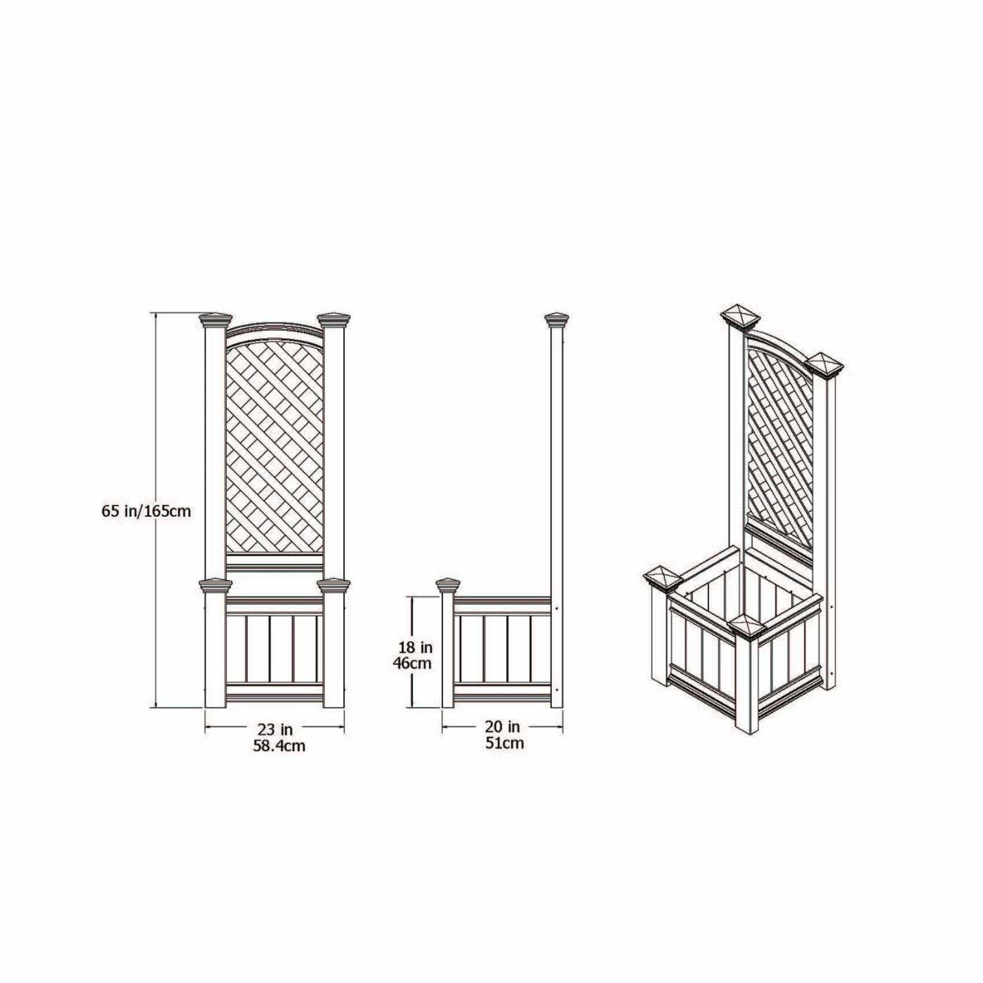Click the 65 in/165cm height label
pyautogui.click(x=147, y=511)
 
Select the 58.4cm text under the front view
pyautogui.click(x=279, y=746)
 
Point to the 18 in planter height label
pyautogui.click(x=415, y=647)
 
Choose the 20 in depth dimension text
pyautogui.click(x=503, y=725)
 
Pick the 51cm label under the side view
pyautogui.click(x=505, y=743)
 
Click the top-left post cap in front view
pyautogui.click(x=216, y=320)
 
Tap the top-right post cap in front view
pyautogui.click(x=334, y=320)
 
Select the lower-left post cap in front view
pyautogui.click(x=216, y=586)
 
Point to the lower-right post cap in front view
pyautogui.click(x=334, y=586)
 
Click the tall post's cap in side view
pyautogui.click(x=557, y=320)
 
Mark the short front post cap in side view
pyautogui.click(x=448, y=586)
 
